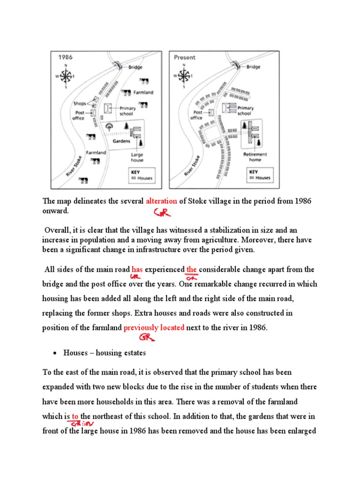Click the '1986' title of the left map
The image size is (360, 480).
tap(65, 57)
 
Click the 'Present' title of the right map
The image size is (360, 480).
tap(185, 57)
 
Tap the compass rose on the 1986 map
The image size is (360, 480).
tap(67, 75)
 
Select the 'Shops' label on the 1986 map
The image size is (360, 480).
tap(80, 103)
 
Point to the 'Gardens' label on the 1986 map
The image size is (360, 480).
tap(120, 140)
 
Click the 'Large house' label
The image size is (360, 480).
tap(137, 157)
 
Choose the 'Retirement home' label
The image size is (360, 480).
tap(255, 157)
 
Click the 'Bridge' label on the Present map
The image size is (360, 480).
tap(253, 67)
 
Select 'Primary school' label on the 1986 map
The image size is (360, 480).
tap(127, 111)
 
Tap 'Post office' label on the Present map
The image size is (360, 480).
tap(196, 115)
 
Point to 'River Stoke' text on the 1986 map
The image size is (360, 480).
tap(74, 166)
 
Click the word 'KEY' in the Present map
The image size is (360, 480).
tap(254, 172)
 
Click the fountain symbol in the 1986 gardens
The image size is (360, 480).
tap(110, 126)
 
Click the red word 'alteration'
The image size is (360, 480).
tap(161, 201)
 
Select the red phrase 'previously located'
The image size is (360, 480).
tap(154, 328)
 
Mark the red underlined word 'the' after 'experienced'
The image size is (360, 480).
tap(191, 270)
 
